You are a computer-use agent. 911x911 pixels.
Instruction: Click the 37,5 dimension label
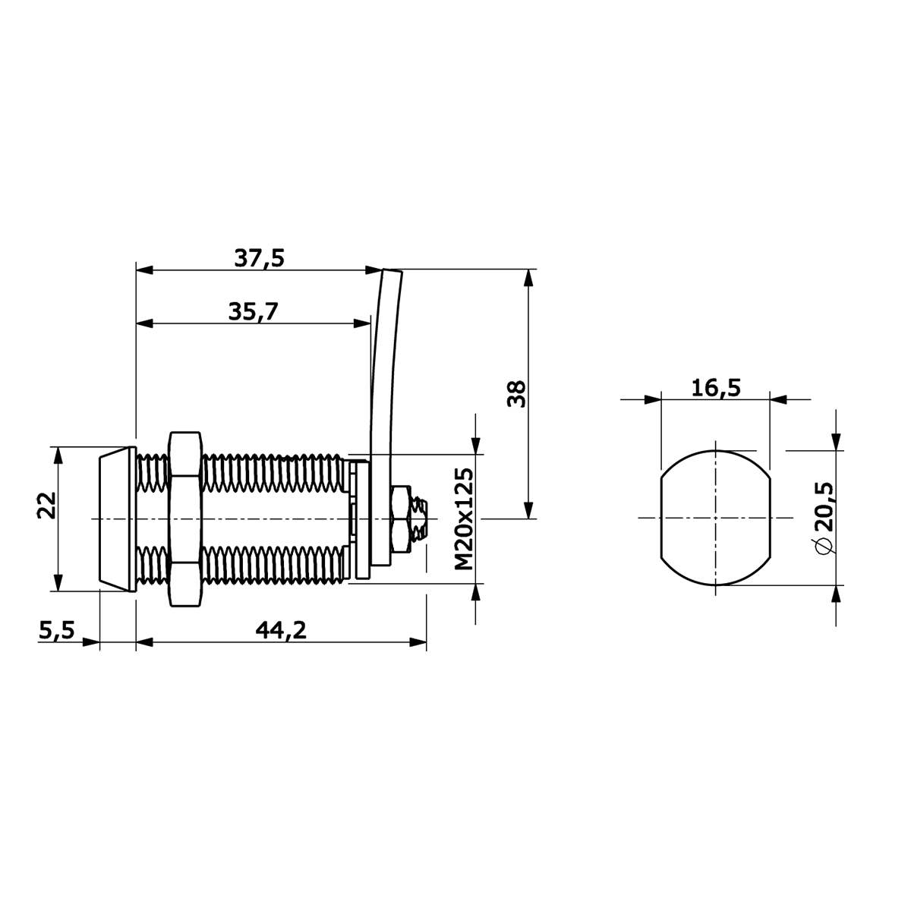[260, 259]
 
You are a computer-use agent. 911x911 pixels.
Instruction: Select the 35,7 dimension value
[254, 311]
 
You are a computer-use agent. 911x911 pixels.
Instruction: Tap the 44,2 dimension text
[281, 630]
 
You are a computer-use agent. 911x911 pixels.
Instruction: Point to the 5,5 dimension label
[57, 630]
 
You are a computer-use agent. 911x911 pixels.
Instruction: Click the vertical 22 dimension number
[47, 506]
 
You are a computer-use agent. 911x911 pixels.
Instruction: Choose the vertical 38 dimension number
[516, 393]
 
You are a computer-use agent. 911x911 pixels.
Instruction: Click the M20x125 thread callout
[464, 519]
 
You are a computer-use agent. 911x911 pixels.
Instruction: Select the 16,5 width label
[716, 388]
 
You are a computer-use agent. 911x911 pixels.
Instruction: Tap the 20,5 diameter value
[824, 506]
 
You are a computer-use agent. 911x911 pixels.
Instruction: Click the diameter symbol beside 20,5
[824, 546]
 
